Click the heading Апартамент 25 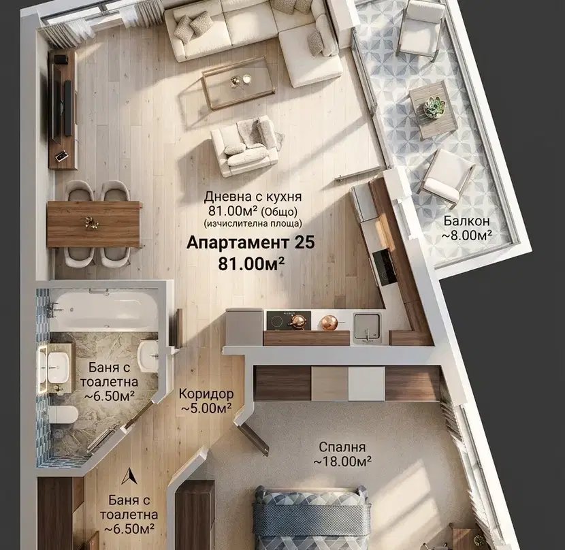click(251, 242)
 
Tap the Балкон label click(466, 221)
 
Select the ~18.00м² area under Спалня click(342, 461)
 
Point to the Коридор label click(206, 393)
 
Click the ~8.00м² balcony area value click(467, 236)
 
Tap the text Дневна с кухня click(253, 197)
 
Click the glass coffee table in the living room click(238, 82)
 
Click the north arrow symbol click(129, 476)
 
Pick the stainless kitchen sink click(367, 326)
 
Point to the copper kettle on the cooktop click(299, 321)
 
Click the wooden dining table click(94, 224)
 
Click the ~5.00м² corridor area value click(206, 408)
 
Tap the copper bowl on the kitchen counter click(329, 322)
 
